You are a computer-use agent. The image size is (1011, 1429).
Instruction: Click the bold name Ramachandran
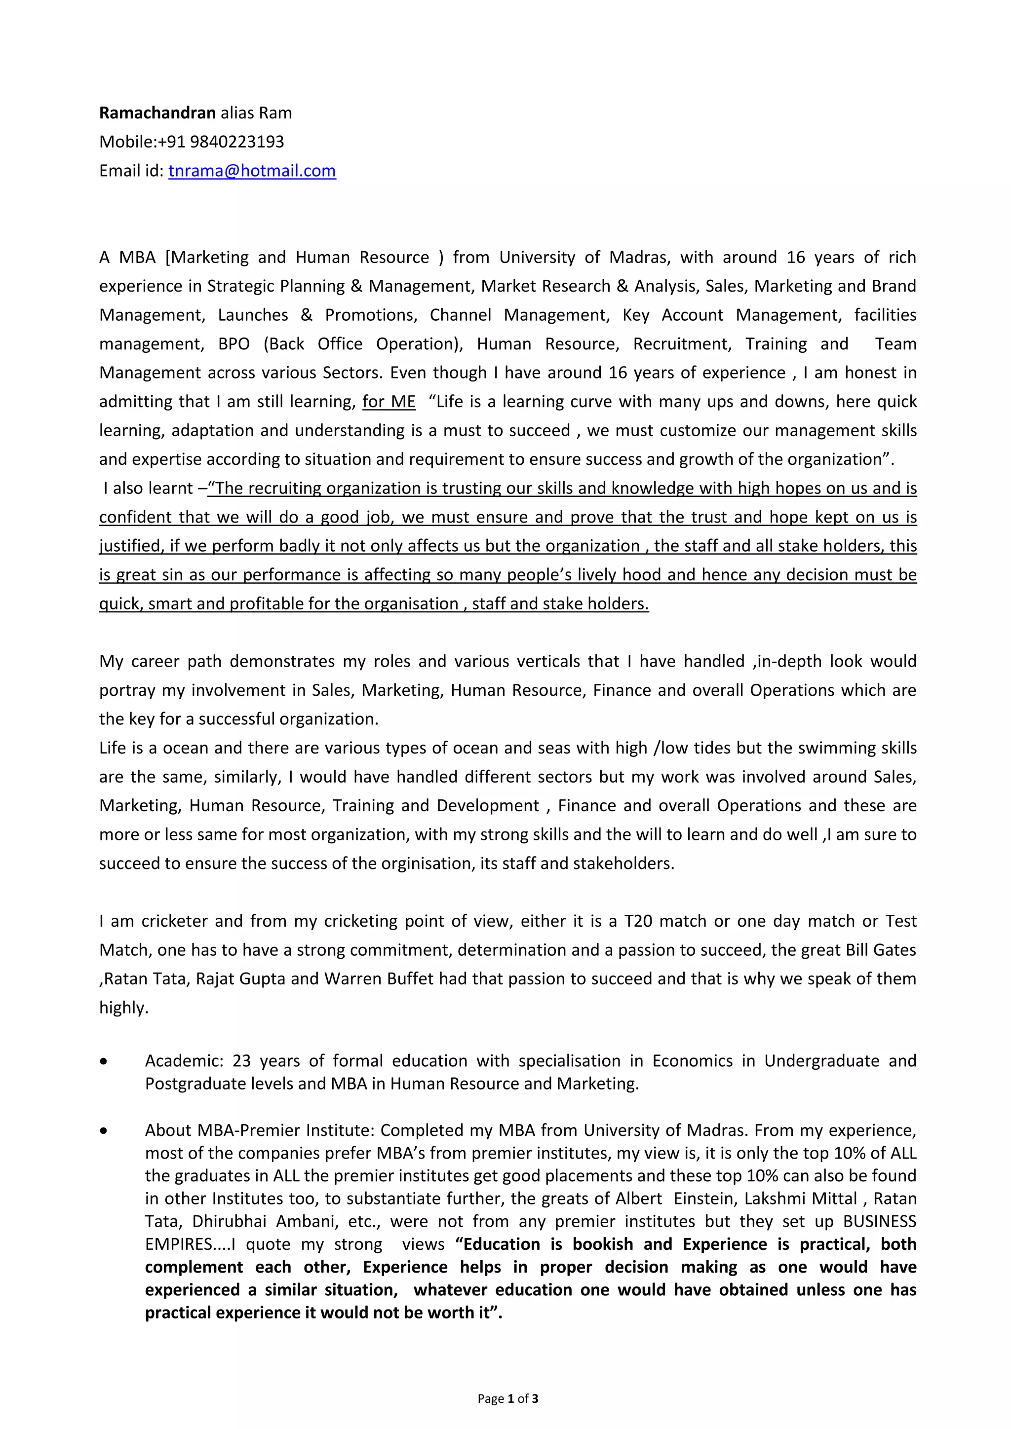click(157, 113)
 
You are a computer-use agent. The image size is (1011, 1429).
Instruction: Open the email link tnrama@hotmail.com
click(252, 171)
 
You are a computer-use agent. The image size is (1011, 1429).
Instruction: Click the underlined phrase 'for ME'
click(389, 402)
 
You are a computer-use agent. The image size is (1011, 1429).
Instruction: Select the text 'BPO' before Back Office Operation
click(234, 344)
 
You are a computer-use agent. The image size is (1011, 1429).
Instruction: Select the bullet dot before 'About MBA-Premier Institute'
click(103, 1131)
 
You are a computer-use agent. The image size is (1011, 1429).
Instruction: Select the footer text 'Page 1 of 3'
click(507, 1399)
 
